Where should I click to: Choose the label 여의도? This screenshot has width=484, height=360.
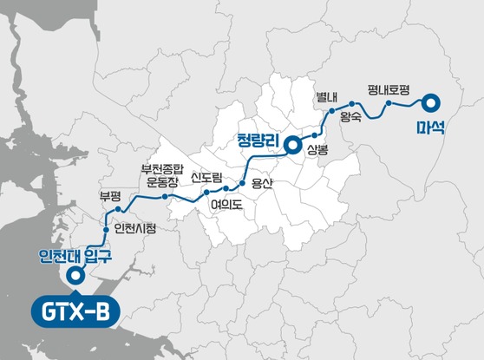[228, 206]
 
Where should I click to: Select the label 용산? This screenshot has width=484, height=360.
[261, 182]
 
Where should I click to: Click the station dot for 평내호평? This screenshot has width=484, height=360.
[388, 104]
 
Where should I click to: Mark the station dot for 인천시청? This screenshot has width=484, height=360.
[107, 231]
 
